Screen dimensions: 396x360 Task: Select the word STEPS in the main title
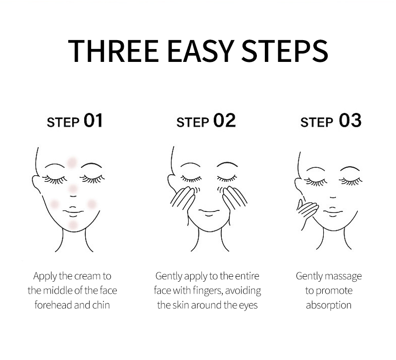pos(285,51)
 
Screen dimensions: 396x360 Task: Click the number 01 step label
pos(93,120)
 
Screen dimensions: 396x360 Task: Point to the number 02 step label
pos(225,120)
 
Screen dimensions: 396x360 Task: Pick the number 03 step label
pos(350,120)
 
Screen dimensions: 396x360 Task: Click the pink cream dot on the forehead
pos(72,162)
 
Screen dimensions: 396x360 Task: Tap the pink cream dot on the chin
pos(73,225)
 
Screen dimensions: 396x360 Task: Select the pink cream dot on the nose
pos(73,189)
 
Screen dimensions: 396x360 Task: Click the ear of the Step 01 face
pos(36,183)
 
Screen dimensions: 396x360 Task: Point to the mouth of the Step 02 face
pos(209,212)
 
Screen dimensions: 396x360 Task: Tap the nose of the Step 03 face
pos(333,197)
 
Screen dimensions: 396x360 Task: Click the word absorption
pos(329,306)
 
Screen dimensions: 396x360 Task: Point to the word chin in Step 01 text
pos(101,305)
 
